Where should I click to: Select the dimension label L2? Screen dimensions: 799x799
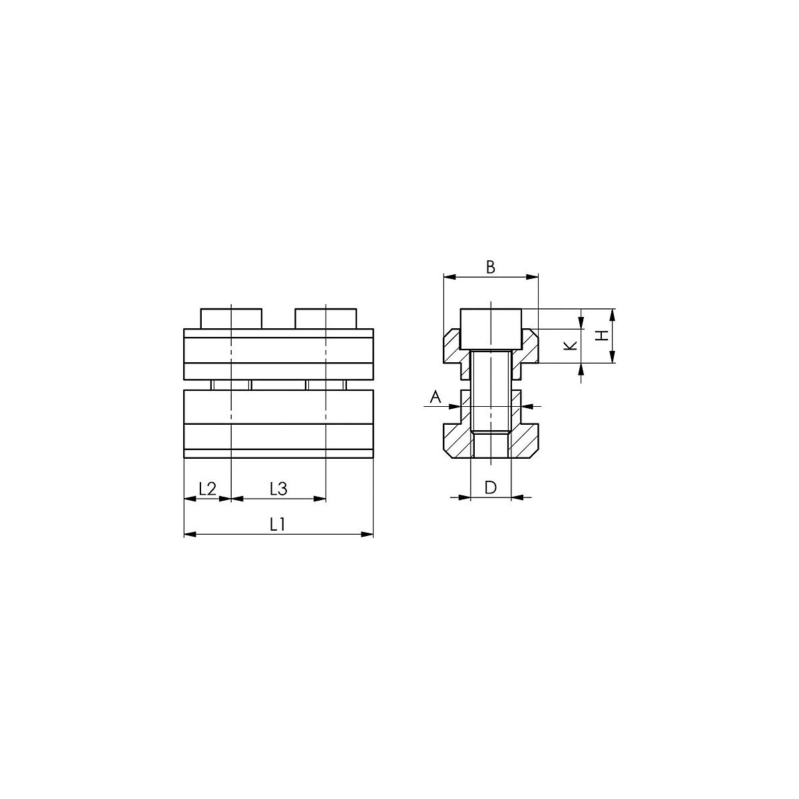(x=207, y=489)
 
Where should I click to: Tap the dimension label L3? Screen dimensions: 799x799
(x=278, y=489)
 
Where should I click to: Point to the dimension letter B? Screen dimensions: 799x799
(x=491, y=268)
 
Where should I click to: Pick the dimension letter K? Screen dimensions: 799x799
(x=571, y=346)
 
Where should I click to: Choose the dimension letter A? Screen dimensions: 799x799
(x=435, y=398)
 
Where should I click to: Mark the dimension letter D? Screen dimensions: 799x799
(x=491, y=487)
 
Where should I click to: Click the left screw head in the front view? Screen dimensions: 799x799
(x=231, y=318)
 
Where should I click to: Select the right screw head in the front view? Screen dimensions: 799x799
(x=326, y=318)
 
